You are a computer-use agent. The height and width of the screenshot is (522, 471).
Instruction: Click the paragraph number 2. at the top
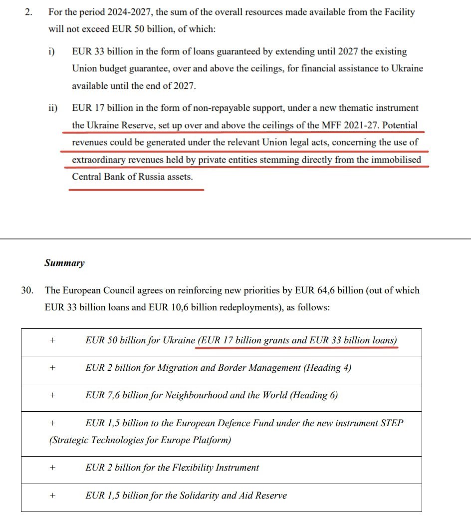click(x=28, y=12)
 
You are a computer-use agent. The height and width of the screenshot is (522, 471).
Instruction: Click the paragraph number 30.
click(x=27, y=290)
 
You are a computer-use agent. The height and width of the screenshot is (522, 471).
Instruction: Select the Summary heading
click(x=64, y=263)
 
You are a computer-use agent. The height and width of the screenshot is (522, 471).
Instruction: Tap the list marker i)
click(x=51, y=51)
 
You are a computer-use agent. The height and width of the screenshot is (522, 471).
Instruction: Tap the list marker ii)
click(x=52, y=108)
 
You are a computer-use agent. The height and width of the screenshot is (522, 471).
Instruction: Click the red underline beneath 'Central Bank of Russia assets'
click(x=136, y=190)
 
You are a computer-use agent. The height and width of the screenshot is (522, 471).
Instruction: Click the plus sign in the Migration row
click(x=52, y=368)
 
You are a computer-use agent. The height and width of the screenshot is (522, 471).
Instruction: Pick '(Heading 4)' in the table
click(x=327, y=368)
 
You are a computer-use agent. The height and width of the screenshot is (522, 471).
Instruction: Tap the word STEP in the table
click(x=392, y=423)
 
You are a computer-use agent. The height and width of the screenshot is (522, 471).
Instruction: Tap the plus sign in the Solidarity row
click(x=52, y=495)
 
